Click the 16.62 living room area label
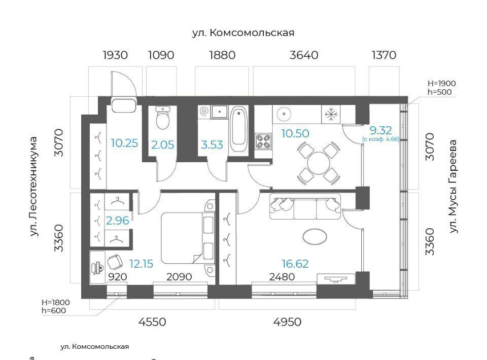click(x=295, y=264)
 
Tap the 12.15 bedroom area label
click(x=142, y=264)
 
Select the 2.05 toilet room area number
click(x=163, y=145)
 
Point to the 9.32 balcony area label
click(x=381, y=130)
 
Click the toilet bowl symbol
click(x=163, y=118)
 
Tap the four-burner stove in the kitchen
click(x=263, y=141)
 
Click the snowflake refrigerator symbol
click(x=331, y=115)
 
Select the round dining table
click(x=319, y=163)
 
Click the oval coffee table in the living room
click(x=315, y=237)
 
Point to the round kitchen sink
click(x=284, y=114)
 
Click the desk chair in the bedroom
click(x=115, y=262)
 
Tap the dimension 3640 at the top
click(x=304, y=55)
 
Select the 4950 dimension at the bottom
click(x=287, y=322)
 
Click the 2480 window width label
click(x=282, y=276)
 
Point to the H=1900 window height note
click(x=442, y=84)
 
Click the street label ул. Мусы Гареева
click(x=454, y=186)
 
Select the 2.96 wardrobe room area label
click(x=117, y=221)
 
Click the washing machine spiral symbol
click(x=204, y=111)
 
